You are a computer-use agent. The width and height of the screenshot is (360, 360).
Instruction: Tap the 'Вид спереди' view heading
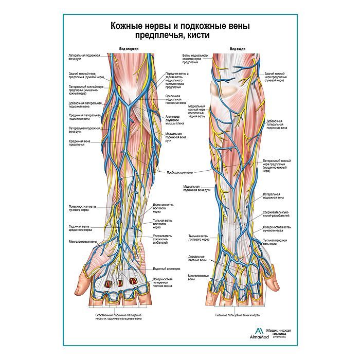[x=129, y=49]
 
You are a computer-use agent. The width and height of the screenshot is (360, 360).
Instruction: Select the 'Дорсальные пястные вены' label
[x=196, y=259]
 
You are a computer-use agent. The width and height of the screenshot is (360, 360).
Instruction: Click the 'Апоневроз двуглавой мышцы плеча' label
[x=177, y=119]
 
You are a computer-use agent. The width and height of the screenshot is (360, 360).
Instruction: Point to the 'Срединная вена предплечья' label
[x=77, y=142]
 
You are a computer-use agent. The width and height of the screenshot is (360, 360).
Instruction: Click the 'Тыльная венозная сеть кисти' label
[x=276, y=242]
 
